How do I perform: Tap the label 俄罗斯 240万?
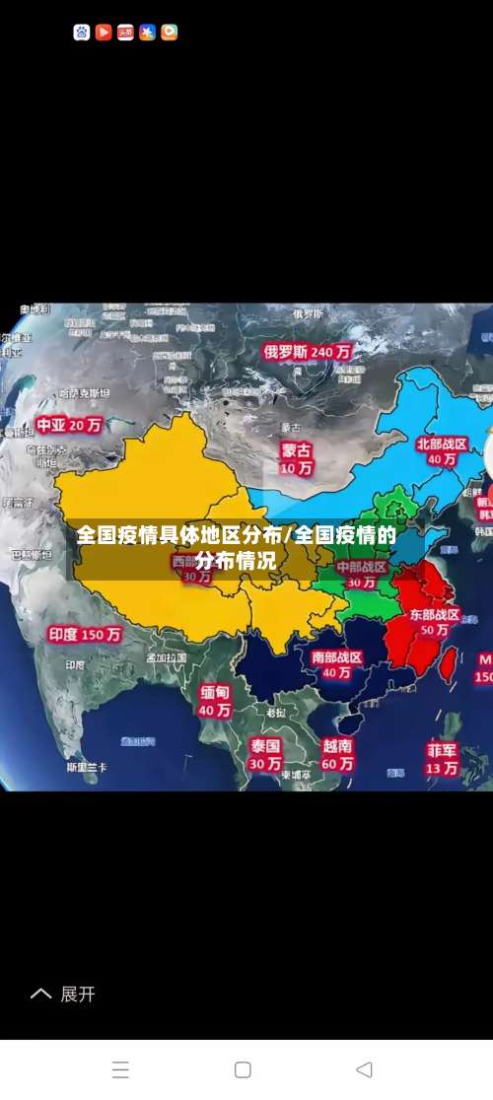307,351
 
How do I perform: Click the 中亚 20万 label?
69,426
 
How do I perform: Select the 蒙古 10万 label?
296,458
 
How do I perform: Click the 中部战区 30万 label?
361,575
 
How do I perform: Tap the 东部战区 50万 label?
435,622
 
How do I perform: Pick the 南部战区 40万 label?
336,664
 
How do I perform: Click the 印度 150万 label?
85,635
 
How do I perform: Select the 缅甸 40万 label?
215,701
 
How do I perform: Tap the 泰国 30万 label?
265,754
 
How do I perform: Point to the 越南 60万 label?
337,754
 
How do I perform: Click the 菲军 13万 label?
442,758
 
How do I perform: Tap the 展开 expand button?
64,995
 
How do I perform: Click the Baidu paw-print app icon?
82,33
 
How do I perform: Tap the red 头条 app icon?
125,33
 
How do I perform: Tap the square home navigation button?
243,1069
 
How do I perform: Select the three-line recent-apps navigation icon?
120,1069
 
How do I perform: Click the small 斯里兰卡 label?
87,768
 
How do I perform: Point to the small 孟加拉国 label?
166,657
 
